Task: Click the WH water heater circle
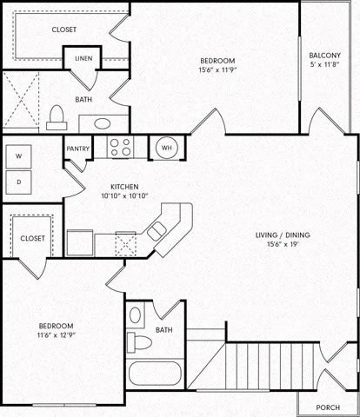click(x=166, y=148)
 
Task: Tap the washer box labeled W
click(x=19, y=156)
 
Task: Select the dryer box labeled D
click(x=19, y=182)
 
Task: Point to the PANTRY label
click(x=77, y=149)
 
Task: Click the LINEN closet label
click(x=83, y=59)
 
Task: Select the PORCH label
click(x=328, y=407)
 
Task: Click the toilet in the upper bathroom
click(x=57, y=116)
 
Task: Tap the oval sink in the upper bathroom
click(x=107, y=123)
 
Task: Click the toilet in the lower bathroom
click(x=138, y=340)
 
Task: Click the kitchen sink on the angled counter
click(x=157, y=230)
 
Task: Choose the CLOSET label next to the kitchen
click(x=33, y=237)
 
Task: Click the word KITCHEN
click(x=120, y=187)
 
